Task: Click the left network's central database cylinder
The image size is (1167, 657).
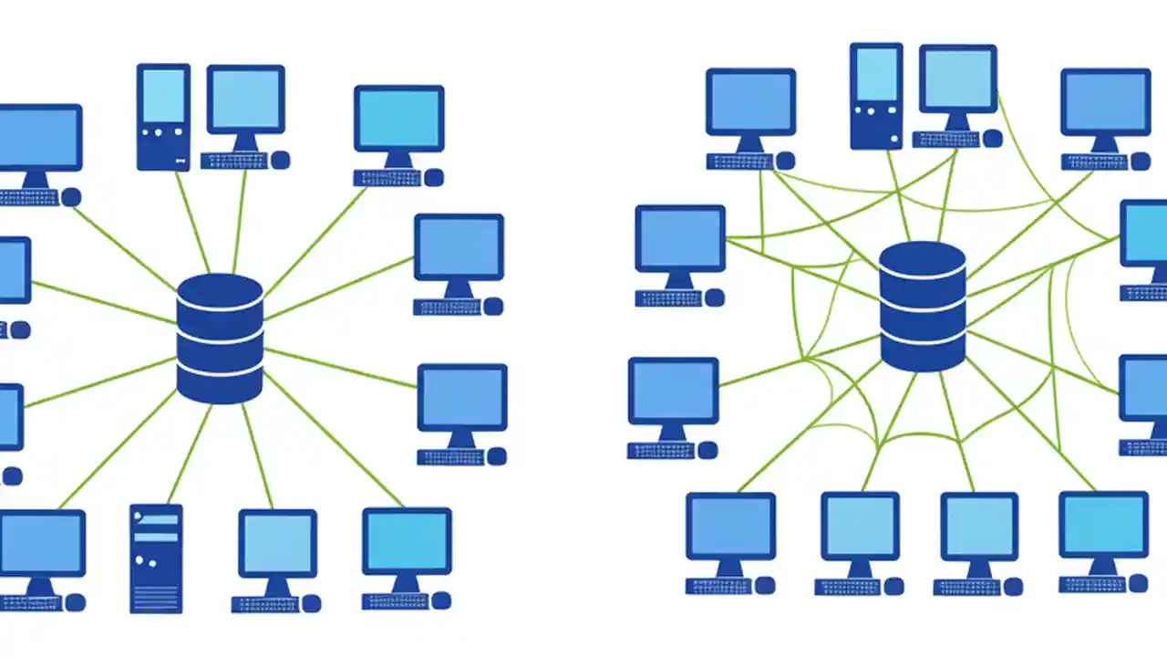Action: coord(220,339)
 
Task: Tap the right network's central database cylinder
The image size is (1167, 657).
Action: coord(923,307)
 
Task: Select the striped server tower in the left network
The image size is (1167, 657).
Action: coord(156,558)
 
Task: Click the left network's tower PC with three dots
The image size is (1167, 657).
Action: coord(163,117)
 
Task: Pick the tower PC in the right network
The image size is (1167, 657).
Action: coord(875,96)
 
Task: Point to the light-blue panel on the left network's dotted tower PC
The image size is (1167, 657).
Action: coord(163,96)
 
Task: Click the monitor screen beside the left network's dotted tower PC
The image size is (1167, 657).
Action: coord(244,99)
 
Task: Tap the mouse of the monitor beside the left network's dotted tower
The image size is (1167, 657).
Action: coord(280,161)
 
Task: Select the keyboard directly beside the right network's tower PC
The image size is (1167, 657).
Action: coord(945,140)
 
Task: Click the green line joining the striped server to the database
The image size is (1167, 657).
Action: coord(189,454)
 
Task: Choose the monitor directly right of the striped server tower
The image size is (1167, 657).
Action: coord(277,544)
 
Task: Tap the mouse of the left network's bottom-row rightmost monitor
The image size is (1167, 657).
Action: coord(440,600)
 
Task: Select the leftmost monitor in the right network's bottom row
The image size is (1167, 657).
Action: coord(730,527)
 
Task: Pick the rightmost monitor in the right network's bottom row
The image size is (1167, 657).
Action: coord(1103,525)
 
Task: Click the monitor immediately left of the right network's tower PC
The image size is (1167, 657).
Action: coord(750,102)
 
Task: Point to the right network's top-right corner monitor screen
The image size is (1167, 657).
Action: coord(1105,101)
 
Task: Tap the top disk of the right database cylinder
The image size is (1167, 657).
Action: coord(923,260)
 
